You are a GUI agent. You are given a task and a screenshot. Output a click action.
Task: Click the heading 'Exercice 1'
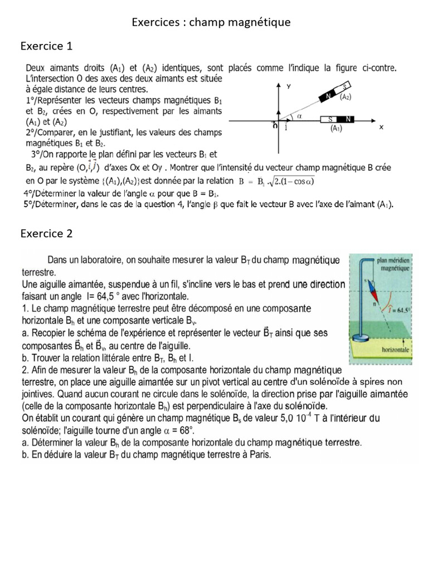click(46, 46)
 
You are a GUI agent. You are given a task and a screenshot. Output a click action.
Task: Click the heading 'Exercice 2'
click(46, 233)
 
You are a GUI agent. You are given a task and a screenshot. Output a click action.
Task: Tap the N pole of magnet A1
click(349, 119)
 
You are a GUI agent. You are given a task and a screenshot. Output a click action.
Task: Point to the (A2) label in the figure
click(346, 97)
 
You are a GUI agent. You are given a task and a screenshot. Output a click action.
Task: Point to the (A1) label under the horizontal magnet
click(335, 129)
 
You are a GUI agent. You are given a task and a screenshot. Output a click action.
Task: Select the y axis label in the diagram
click(288, 87)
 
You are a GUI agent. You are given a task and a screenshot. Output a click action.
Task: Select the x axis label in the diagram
click(381, 127)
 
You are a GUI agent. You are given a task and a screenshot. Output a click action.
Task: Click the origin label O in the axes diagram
click(275, 126)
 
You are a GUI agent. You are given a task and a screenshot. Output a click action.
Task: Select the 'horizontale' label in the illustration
click(396, 350)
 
